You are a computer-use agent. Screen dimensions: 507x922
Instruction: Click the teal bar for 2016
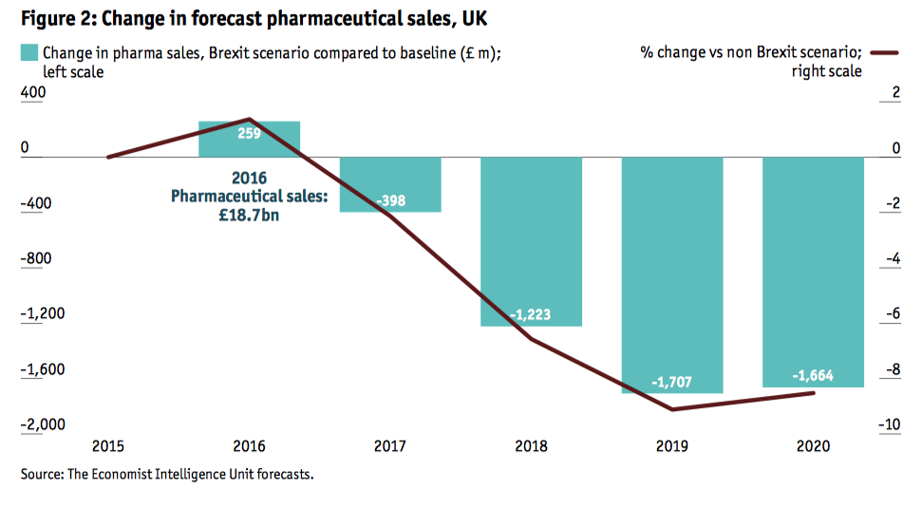point(249,140)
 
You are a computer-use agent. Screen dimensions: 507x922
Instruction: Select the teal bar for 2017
point(390,184)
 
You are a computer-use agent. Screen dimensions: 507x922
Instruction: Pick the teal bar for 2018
point(531,241)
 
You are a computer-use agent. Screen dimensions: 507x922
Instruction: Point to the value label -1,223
point(531,314)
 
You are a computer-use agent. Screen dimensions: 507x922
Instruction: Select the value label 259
point(249,134)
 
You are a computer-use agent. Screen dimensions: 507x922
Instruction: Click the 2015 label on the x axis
point(107,445)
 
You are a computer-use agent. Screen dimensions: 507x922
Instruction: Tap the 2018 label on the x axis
point(531,445)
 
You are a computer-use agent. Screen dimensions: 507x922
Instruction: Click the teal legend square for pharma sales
point(29,53)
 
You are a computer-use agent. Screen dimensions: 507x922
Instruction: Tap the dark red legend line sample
point(884,53)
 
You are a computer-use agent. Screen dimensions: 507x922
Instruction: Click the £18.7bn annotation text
point(249,216)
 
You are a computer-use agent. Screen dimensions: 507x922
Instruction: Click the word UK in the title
point(476,18)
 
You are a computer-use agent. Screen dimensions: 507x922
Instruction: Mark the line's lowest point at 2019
point(672,409)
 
